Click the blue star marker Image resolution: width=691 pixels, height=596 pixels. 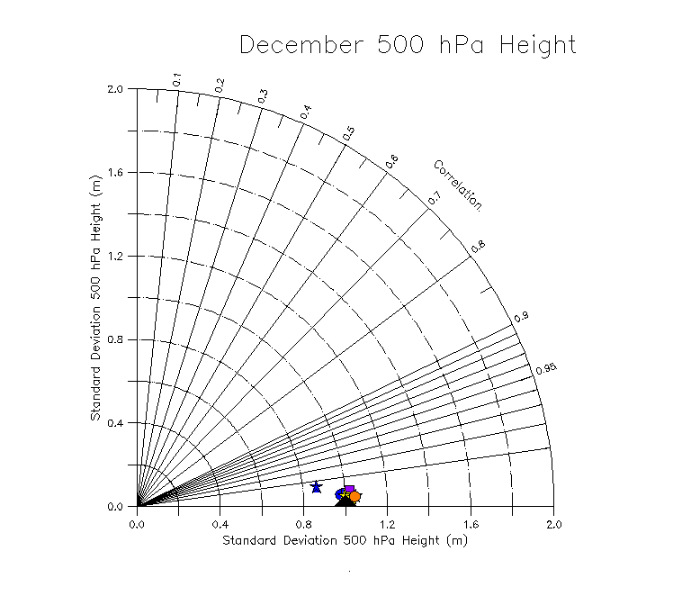[316, 487]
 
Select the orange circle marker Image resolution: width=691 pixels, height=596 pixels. [355, 496]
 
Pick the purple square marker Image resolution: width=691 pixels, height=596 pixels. [349, 490]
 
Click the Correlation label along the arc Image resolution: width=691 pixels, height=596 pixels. [458, 185]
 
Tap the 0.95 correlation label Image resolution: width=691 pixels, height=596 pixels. [545, 369]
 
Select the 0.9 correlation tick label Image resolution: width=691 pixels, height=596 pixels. [521, 318]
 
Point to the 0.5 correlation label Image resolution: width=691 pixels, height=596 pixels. [349, 133]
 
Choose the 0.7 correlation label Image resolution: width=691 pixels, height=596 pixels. [435, 197]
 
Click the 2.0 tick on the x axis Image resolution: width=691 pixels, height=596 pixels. [553, 523]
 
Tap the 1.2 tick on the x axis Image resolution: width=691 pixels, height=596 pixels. [387, 523]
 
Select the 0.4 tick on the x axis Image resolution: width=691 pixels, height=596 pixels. [220, 523]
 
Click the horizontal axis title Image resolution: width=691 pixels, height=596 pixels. [345, 540]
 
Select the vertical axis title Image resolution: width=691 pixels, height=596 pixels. [94, 298]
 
